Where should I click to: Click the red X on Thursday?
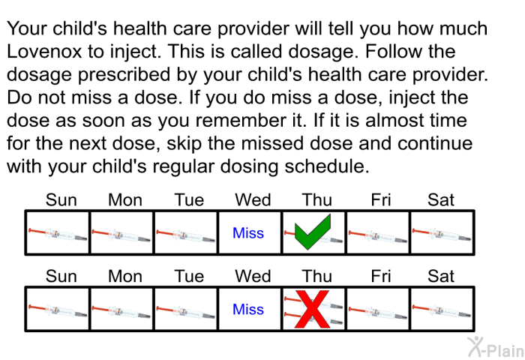coord(312,310)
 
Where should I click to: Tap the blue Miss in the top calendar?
coord(248,232)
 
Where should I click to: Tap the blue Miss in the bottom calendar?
coord(248,309)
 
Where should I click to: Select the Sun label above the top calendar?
coord(61,200)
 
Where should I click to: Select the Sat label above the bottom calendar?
coord(441,276)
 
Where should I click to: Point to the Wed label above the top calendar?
coord(253,200)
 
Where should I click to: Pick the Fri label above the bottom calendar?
coord(381,276)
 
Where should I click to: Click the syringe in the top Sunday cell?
coord(58,234)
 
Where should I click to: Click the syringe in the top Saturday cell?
coord(442,234)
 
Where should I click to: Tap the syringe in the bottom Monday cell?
coord(121,311)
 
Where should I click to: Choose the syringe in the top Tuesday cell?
coord(186,235)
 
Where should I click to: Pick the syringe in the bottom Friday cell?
coord(378,311)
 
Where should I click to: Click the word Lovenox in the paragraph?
coord(44,52)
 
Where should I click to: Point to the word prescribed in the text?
coord(124,75)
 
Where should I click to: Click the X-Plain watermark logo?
coord(496,347)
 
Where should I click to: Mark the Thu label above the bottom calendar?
coord(317,276)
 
